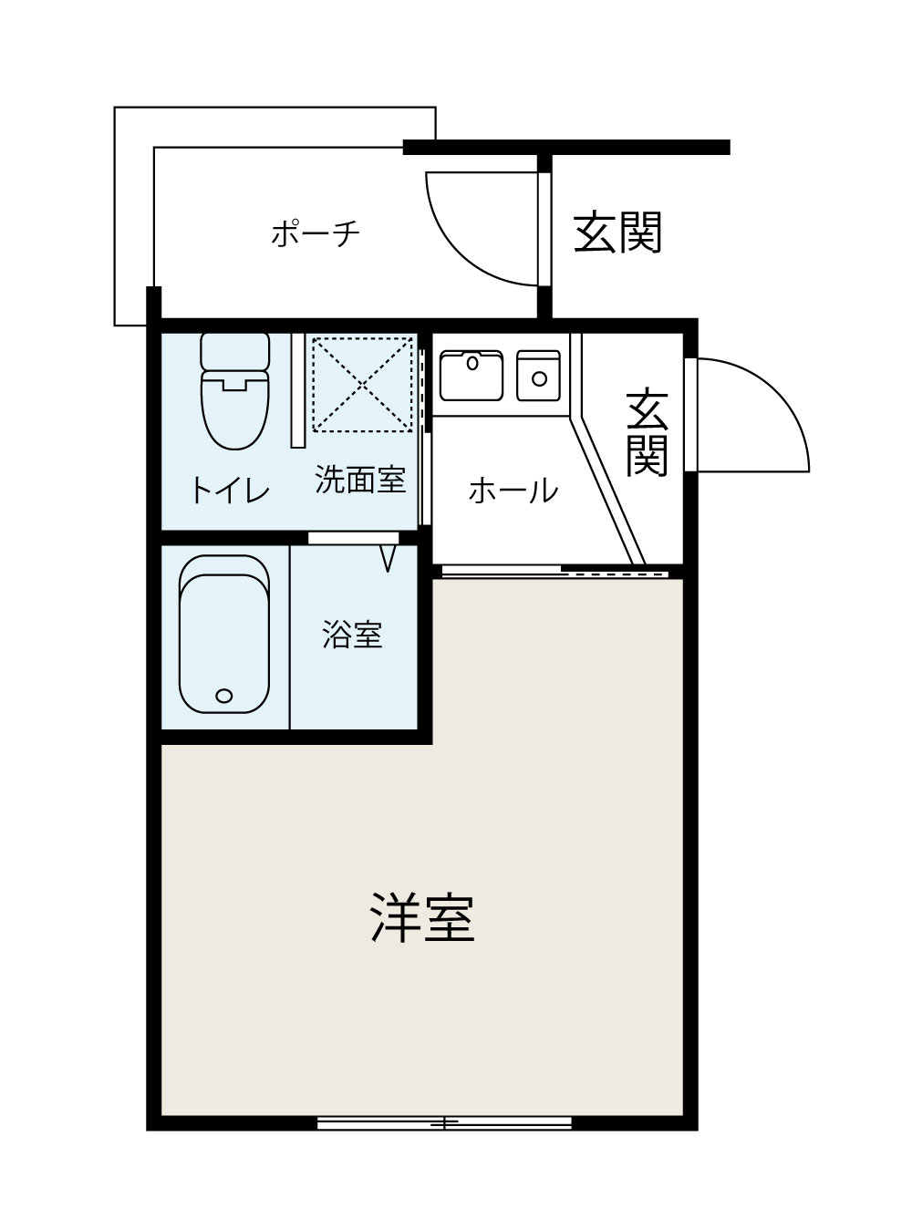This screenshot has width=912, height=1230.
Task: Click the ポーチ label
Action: (x=316, y=233)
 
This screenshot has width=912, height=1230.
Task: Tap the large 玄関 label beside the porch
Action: (x=617, y=233)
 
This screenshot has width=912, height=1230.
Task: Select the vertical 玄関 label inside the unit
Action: (x=647, y=433)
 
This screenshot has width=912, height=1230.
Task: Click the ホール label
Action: (x=513, y=491)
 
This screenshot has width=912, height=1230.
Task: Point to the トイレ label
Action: (x=230, y=491)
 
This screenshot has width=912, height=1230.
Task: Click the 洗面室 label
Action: (x=360, y=480)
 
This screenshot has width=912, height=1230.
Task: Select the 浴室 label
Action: (x=352, y=635)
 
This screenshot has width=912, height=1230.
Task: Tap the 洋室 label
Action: (x=422, y=918)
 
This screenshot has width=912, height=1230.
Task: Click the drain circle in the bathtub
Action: (x=224, y=697)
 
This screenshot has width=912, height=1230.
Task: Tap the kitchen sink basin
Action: (x=471, y=375)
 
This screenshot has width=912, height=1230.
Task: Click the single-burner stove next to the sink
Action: (x=539, y=375)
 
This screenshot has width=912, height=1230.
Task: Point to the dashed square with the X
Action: (x=362, y=383)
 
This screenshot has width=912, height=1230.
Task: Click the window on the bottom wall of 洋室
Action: (x=444, y=1122)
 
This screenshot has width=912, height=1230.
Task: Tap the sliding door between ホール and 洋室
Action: (x=554, y=572)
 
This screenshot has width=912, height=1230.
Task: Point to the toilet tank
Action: (x=234, y=350)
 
